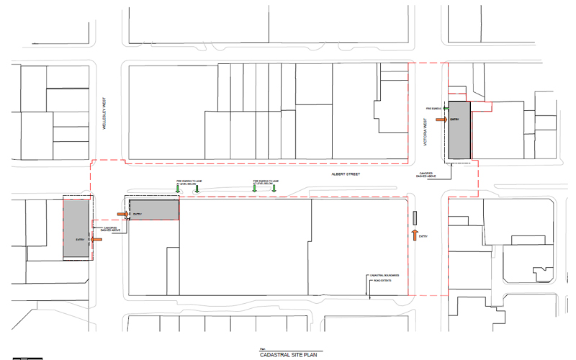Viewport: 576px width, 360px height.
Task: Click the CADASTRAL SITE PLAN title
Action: click(287, 354)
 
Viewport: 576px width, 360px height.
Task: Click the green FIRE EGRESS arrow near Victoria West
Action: click(446, 108)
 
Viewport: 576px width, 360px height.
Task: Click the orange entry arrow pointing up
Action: click(415, 235)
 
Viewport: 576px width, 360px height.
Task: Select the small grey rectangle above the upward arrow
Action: click(415, 217)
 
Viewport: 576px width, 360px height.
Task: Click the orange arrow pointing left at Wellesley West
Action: click(96, 240)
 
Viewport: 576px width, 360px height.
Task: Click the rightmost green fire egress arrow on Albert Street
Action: click(274, 189)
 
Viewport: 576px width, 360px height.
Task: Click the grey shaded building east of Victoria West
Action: click(459, 130)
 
